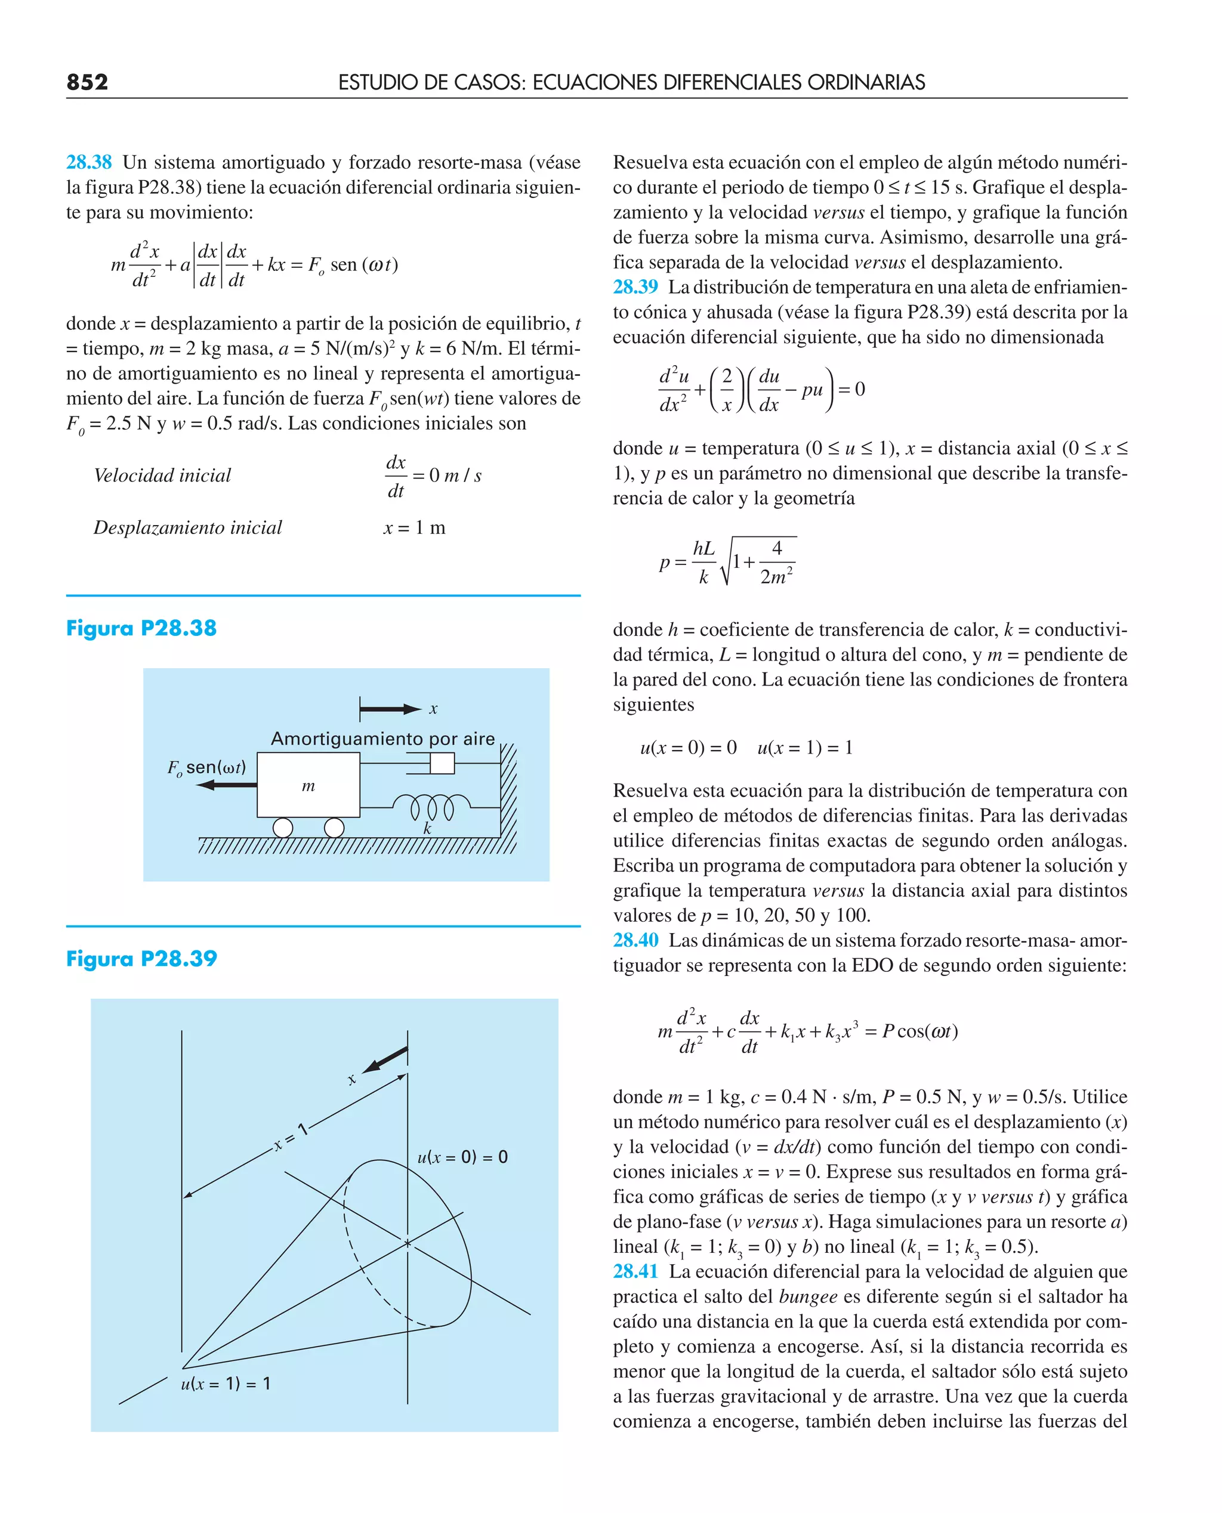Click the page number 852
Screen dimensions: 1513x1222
pyautogui.click(x=87, y=82)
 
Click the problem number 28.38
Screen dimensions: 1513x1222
pyautogui.click(x=89, y=162)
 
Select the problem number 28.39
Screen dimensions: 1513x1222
pyautogui.click(x=635, y=287)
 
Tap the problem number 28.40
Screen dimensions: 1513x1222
pyautogui.click(x=635, y=940)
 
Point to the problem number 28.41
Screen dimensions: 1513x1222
pyautogui.click(x=635, y=1271)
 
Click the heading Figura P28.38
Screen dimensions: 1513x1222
pyautogui.click(x=141, y=628)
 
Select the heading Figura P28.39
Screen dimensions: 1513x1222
pyautogui.click(x=141, y=959)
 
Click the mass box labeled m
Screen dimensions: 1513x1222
pyautogui.click(x=308, y=785)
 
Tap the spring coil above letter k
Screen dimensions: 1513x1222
pyautogui.click(x=431, y=807)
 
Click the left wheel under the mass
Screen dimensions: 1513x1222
pyautogui.click(x=283, y=827)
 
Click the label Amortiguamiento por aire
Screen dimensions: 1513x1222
pyautogui.click(x=383, y=739)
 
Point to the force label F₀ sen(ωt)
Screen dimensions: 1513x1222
pyautogui.click(x=206, y=767)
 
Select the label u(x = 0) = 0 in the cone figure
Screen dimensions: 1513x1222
pyautogui.click(x=462, y=1157)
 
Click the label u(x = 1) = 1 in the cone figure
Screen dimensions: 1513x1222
pyautogui.click(x=226, y=1384)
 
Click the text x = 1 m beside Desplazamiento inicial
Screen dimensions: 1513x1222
pyautogui.click(x=414, y=528)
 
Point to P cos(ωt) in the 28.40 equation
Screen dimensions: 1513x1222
pyautogui.click(x=919, y=1031)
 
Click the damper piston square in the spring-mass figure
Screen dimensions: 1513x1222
pyautogui.click(x=442, y=763)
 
